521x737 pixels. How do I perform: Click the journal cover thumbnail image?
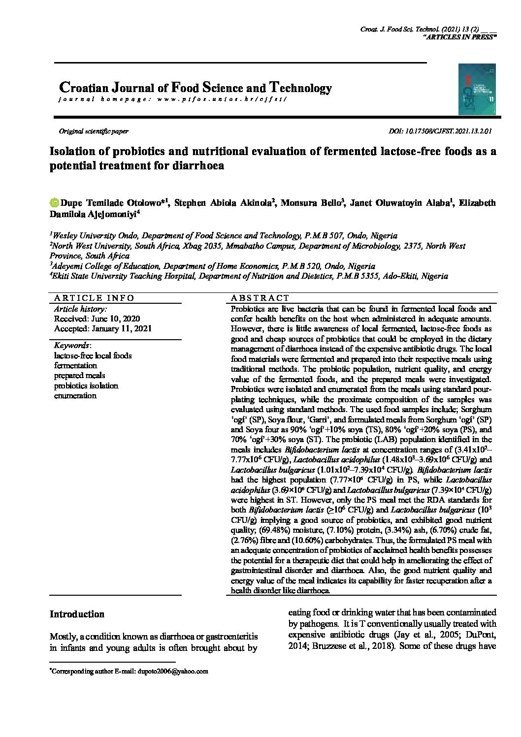tap(477, 89)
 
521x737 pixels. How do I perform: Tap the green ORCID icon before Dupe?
tap(54, 202)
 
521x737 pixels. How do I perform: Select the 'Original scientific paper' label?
tap(94, 131)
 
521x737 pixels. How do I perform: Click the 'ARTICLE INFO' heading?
tap(94, 298)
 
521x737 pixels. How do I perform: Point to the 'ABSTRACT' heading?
tap(260, 298)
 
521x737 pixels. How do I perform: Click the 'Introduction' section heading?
tap(77, 614)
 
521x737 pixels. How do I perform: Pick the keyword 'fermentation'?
tap(75, 366)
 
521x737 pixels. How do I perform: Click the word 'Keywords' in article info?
tap(71, 346)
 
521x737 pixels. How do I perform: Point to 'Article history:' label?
tap(80, 309)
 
